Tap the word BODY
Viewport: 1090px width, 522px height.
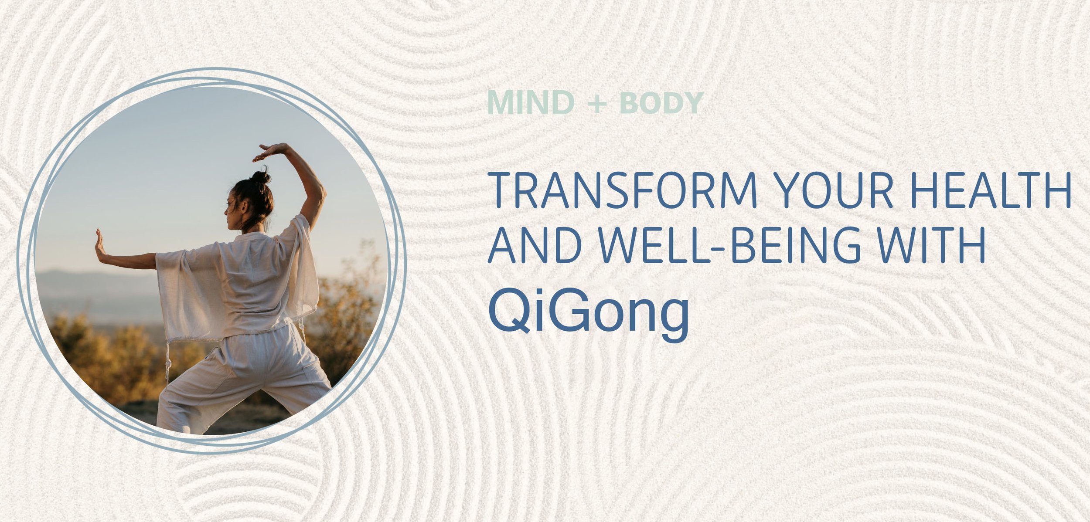(x=661, y=103)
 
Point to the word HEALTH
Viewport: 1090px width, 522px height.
(x=991, y=190)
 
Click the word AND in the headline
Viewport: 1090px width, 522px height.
(x=535, y=245)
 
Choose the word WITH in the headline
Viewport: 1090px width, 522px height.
(x=931, y=245)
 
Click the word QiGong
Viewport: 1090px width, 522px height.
(x=589, y=310)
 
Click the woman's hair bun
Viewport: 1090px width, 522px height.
(x=261, y=177)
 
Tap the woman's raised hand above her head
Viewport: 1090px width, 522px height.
(x=270, y=151)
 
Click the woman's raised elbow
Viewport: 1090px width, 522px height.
(x=320, y=192)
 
